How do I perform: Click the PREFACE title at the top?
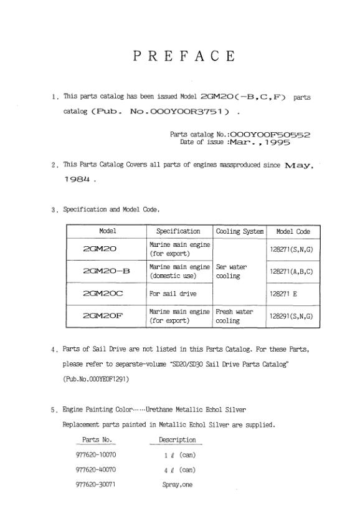coord(184,57)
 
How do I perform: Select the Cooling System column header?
coord(240,231)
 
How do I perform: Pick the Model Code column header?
coord(293,231)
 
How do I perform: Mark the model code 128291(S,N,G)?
coord(293,316)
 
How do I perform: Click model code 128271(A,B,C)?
coord(293,271)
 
